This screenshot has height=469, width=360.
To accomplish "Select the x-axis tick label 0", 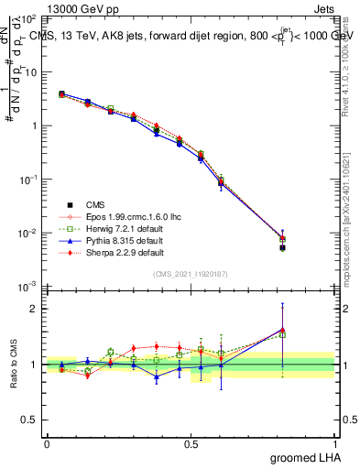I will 47,444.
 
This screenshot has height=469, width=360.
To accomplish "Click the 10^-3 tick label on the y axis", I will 27,288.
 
